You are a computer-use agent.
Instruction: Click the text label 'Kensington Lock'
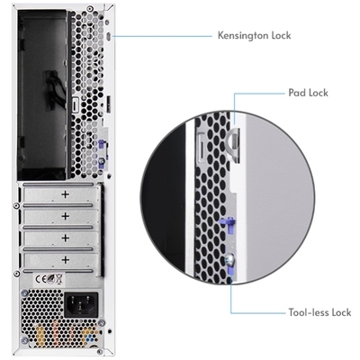point(256,37)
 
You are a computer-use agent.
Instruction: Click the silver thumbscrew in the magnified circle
point(226,262)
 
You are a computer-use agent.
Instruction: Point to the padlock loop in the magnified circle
point(231,136)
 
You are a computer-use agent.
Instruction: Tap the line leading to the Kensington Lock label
point(162,37)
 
